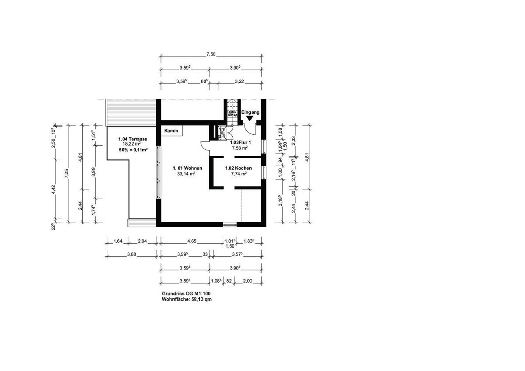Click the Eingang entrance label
(251, 112)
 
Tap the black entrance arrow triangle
(250, 118)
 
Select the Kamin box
(171, 130)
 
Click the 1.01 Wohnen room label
(187, 168)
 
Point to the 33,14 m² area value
(186, 174)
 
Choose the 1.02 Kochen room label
(239, 168)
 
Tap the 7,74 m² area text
(239, 174)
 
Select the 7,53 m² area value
(240, 148)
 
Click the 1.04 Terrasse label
(132, 139)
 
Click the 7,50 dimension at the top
(212, 55)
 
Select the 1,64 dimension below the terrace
(117, 241)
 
